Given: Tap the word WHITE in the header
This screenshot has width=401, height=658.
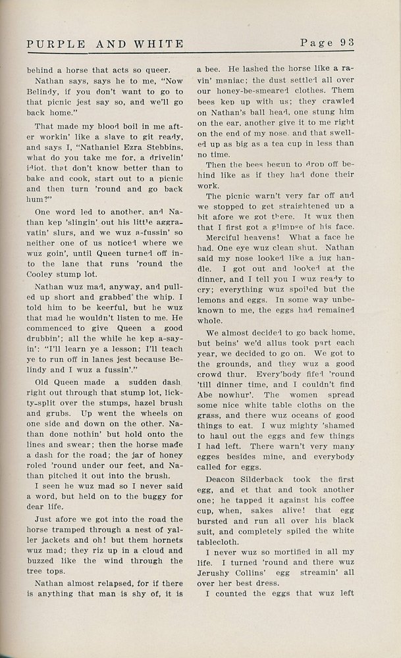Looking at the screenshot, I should pyautogui.click(x=157, y=43).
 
